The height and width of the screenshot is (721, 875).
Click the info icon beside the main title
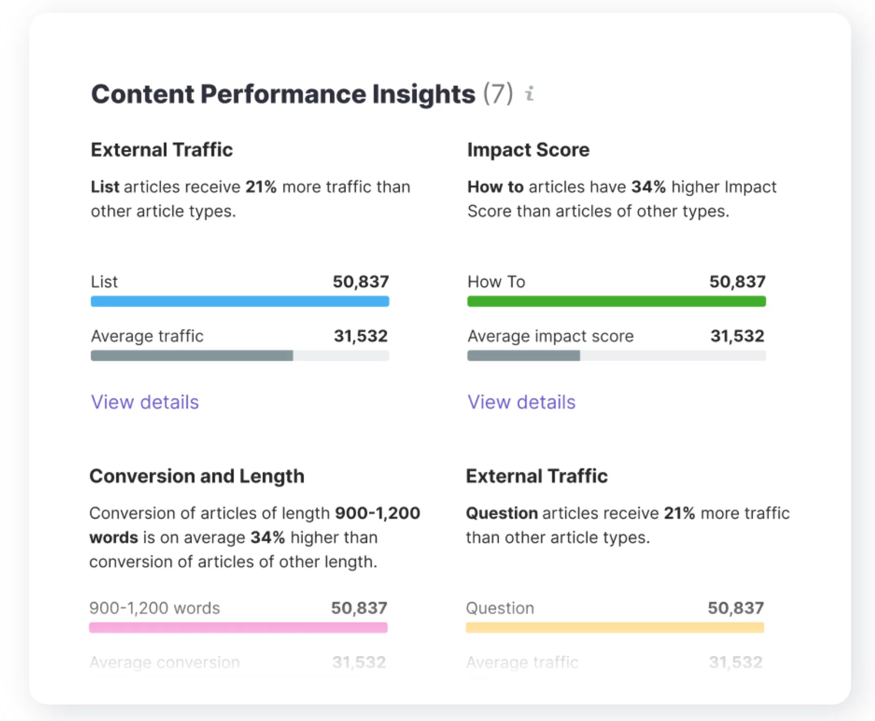click(530, 94)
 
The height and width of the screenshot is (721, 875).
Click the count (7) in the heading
click(498, 94)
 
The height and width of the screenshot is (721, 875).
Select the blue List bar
click(240, 301)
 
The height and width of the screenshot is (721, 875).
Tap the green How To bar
click(616, 301)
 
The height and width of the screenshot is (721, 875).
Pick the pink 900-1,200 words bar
click(238, 628)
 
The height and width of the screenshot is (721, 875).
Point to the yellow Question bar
click(614, 628)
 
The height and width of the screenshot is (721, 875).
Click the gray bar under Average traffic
click(192, 356)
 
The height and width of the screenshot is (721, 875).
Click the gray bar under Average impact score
click(524, 356)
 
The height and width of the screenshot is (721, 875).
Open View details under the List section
click(144, 402)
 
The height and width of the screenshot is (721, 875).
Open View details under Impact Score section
click(521, 402)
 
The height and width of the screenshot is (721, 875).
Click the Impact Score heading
click(528, 150)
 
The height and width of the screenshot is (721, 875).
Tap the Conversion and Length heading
click(197, 476)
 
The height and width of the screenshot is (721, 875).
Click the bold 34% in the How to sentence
click(648, 187)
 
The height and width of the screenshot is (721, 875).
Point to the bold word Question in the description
click(501, 513)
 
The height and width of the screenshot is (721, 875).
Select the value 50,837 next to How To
click(737, 282)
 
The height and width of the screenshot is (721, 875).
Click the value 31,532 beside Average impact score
click(737, 336)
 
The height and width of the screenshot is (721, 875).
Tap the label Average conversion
click(164, 662)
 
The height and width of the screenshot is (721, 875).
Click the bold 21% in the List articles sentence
click(261, 187)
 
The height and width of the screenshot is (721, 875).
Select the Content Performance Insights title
click(283, 94)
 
